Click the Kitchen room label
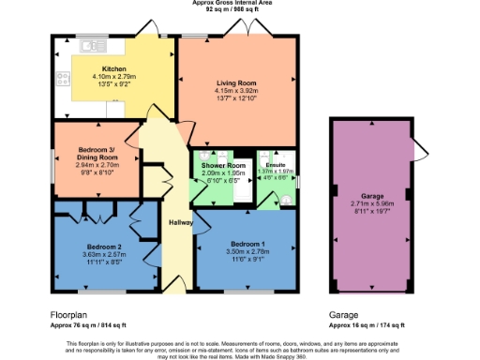pos(114,69)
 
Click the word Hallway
pos(181,222)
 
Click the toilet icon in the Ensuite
pos(285,200)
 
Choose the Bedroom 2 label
pos(104,246)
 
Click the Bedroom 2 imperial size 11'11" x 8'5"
pos(104,262)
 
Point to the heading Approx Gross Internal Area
pos(239,4)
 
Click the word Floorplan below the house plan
pos(70,317)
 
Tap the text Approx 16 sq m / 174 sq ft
pos(367,325)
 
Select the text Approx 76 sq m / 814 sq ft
pos(89,325)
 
